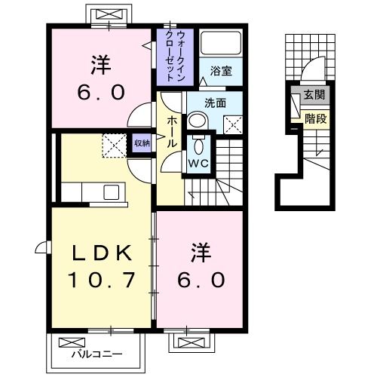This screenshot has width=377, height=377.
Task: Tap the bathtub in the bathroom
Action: [x=221, y=44]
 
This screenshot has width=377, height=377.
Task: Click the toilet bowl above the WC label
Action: [x=199, y=144]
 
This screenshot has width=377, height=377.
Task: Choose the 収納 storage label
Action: [x=141, y=143]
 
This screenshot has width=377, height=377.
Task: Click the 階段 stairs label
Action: [x=314, y=118]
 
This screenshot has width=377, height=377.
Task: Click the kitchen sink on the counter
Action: [x=112, y=192]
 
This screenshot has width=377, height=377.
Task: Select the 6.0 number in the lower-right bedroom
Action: [x=201, y=280]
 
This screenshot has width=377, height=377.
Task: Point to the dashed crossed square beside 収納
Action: [x=115, y=145]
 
